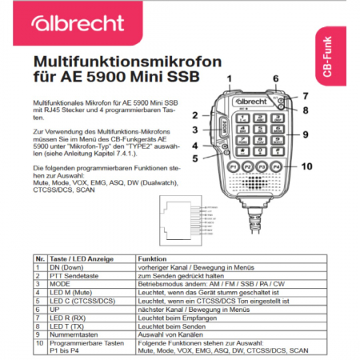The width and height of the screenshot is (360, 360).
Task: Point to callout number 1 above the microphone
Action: click(229, 78)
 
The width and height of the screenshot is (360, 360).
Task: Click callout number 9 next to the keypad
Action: click(305, 134)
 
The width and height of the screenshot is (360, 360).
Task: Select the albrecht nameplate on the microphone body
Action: click(254, 102)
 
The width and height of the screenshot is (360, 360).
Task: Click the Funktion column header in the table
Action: click(152, 258)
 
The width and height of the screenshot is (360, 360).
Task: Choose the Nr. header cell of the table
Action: click(40, 258)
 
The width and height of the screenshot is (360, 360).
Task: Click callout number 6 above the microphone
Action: click(275, 78)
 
